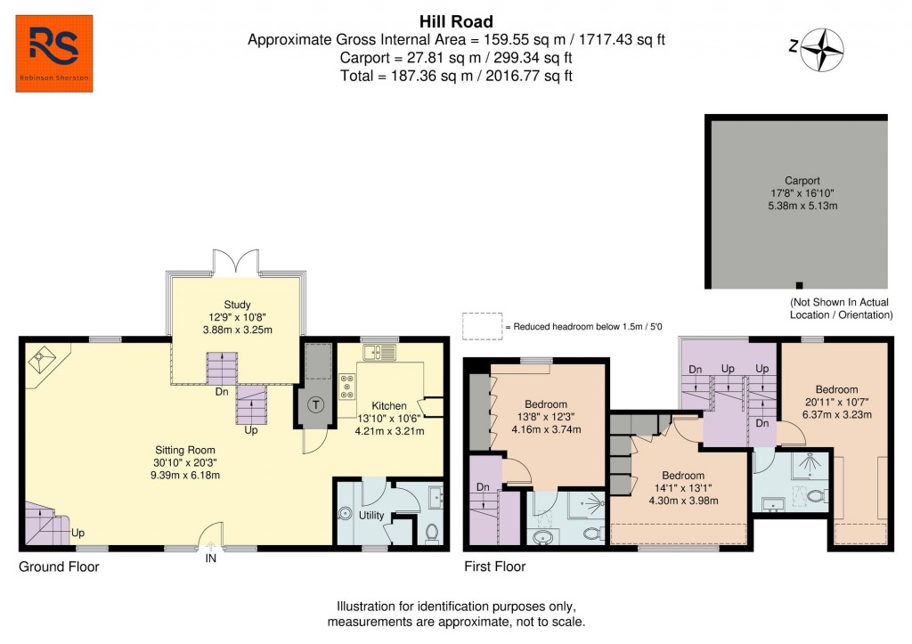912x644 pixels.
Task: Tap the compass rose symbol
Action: tap(823, 49)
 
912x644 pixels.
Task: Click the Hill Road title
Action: tap(456, 21)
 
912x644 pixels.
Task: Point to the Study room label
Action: tap(237, 304)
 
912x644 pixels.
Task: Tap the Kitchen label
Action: tap(389, 406)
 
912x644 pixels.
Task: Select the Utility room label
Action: tap(371, 516)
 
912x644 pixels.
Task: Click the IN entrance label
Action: tap(211, 558)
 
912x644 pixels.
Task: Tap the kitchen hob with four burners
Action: tap(346, 387)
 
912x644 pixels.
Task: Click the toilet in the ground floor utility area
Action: tap(432, 533)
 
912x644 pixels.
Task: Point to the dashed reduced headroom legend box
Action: tap(481, 327)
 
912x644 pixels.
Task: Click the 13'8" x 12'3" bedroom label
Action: tap(545, 404)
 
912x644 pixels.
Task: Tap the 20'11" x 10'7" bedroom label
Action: tap(836, 389)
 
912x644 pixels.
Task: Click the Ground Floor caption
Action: tap(59, 567)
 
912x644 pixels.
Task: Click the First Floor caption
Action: tap(494, 567)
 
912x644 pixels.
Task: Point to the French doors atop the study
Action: tap(236, 262)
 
